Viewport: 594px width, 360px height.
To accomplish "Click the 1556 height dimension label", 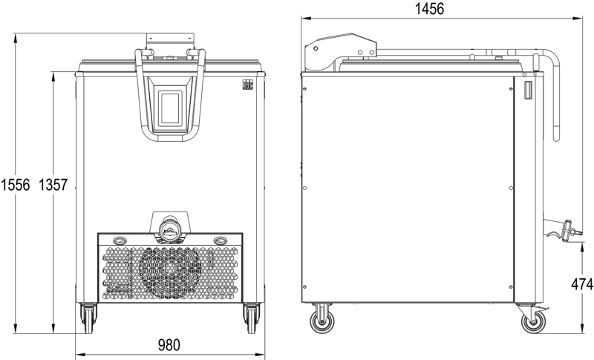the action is (15, 185).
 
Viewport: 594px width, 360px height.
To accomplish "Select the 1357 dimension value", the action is (53, 185).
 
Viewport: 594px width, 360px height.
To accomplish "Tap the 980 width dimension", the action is (169, 345).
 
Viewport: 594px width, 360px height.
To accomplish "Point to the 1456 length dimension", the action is (430, 8).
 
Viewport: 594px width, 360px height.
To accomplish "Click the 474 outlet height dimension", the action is (582, 284).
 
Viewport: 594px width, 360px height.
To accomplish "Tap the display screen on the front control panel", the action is (170, 108).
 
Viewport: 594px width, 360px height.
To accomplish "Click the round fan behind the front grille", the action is (170, 272).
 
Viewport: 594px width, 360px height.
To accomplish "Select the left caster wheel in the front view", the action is (88, 318).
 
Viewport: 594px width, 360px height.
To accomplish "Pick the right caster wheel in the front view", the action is (252, 318).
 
